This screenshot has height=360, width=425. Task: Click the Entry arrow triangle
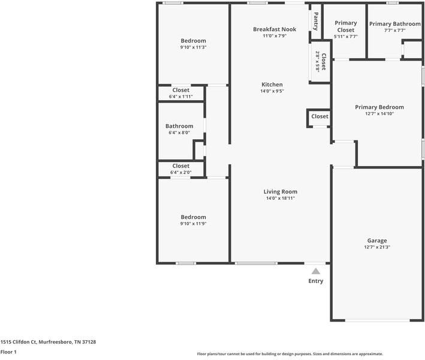[x=315, y=271]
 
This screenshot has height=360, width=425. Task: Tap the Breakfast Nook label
[x=274, y=29]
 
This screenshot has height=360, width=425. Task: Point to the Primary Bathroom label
[x=395, y=24]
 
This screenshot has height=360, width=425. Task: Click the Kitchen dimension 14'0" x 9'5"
[x=272, y=91]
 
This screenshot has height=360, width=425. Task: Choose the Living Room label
[x=280, y=192]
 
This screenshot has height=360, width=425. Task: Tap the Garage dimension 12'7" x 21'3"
[x=377, y=247]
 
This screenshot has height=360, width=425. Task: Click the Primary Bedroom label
[x=379, y=107]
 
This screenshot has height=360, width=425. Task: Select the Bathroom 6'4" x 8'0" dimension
[x=179, y=133]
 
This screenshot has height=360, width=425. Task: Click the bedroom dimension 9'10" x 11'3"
[x=193, y=47]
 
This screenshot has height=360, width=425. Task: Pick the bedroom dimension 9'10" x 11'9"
[x=193, y=224]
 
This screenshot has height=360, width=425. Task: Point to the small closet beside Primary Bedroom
[x=319, y=116]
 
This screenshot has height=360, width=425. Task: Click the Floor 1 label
[x=8, y=352]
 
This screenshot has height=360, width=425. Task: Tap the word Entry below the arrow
[x=315, y=281]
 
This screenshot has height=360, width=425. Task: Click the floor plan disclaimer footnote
[x=290, y=354]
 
